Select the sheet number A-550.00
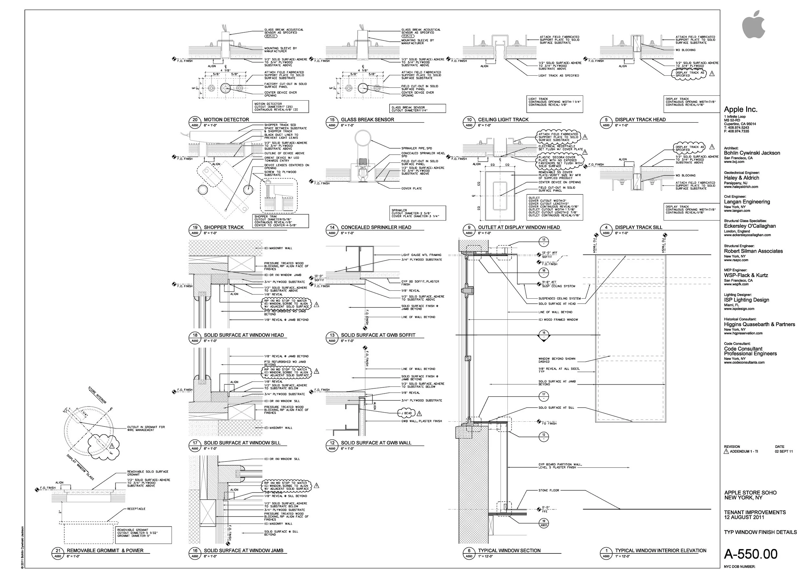pyautogui.click(x=751, y=554)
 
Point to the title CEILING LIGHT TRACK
pyautogui.click(x=503, y=120)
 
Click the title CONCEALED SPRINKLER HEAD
pyautogui.click(x=376, y=227)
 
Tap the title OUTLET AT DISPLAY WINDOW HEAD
pyautogui.click(x=519, y=227)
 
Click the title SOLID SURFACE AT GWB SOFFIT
pyautogui.click(x=378, y=335)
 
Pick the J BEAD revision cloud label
pyautogui.click(x=407, y=413)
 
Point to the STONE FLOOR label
pyautogui.click(x=549, y=490)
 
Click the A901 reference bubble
pyautogui.click(x=543, y=524)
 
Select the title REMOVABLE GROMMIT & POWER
pyautogui.click(x=105, y=550)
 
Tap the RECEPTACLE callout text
pyautogui.click(x=136, y=509)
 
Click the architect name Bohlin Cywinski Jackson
pyautogui.click(x=752, y=153)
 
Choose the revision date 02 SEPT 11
pyautogui.click(x=784, y=451)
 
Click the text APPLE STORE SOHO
pyautogui.click(x=750, y=493)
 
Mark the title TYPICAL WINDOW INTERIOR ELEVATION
pyautogui.click(x=660, y=550)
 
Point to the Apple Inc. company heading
pyautogui.click(x=741, y=109)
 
